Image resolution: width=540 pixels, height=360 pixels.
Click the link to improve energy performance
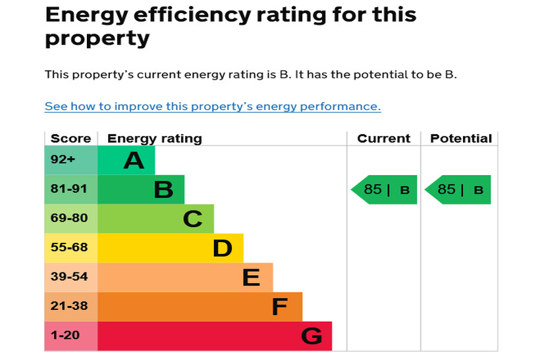pyautogui.click(x=212, y=107)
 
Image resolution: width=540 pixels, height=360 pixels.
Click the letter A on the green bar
pyautogui.click(x=134, y=160)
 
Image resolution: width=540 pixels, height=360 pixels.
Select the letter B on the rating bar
pyautogui.click(x=163, y=190)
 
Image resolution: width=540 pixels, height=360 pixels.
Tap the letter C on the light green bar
pyautogui.click(x=192, y=219)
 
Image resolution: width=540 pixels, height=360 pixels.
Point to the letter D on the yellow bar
pyautogui.click(x=223, y=248)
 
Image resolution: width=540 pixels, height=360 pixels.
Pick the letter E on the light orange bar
pyautogui.click(x=251, y=278)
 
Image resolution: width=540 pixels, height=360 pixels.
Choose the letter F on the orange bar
pyautogui.click(x=280, y=307)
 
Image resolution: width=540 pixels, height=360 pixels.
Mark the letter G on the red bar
pyautogui.click(x=311, y=336)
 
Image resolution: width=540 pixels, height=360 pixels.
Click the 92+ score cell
pyautogui.click(x=63, y=160)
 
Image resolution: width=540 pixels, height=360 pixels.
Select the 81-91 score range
pyautogui.click(x=68, y=190)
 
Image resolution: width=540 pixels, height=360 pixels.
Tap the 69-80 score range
pyautogui.click(x=68, y=219)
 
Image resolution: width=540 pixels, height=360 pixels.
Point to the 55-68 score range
pyautogui.click(x=68, y=248)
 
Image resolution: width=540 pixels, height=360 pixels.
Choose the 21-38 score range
pyautogui.click(x=68, y=307)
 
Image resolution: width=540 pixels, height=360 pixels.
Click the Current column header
pyautogui.click(x=383, y=139)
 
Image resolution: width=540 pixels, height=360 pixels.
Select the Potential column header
pyautogui.click(x=460, y=139)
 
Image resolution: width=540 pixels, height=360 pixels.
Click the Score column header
pyautogui.click(x=70, y=139)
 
